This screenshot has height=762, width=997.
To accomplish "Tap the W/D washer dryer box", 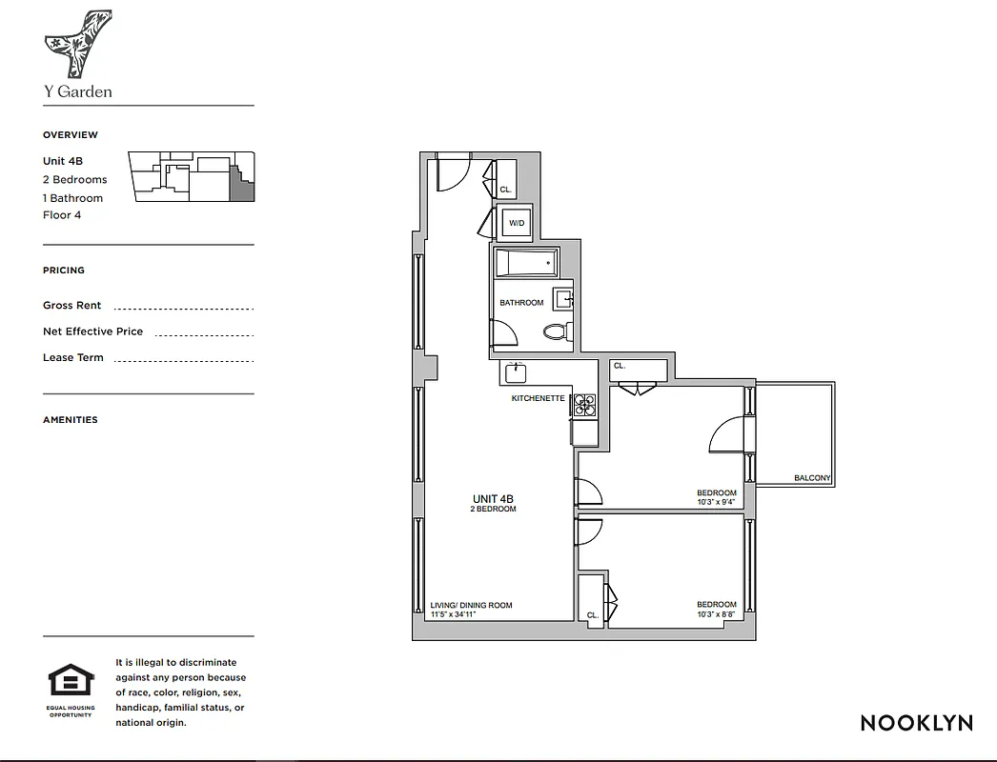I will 517,224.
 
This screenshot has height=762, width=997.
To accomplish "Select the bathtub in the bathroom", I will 525,263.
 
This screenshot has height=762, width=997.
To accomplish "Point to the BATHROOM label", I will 521,303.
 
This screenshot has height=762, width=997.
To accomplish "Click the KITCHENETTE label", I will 538,398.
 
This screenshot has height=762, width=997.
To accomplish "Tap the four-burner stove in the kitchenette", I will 583,407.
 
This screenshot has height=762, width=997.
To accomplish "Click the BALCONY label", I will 812,478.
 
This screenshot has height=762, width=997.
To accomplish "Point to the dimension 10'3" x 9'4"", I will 717,502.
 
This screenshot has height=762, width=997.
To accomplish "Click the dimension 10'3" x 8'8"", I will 717,614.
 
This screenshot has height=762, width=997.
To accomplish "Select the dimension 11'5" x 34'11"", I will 453,614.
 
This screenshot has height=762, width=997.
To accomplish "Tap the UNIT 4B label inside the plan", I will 494,498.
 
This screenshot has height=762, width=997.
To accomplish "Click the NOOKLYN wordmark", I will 916,723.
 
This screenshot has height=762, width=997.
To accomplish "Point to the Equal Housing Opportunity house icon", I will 71,681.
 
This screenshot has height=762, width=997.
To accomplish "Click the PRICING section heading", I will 64,271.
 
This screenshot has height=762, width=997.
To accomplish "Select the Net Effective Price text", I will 92,331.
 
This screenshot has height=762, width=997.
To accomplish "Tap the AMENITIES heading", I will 71,420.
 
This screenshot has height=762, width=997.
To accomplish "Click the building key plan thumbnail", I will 193,176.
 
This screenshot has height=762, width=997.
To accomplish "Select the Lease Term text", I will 73,358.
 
